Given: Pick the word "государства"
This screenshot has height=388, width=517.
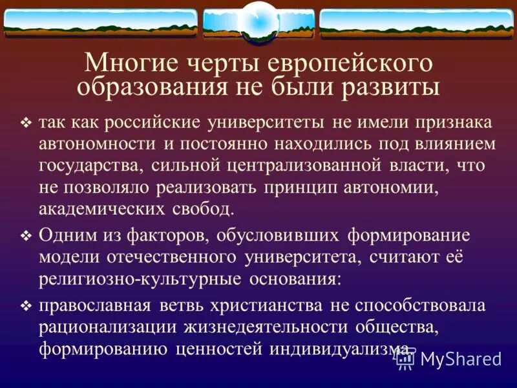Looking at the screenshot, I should click(x=91, y=166).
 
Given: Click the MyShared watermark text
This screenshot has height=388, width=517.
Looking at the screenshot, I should click(x=461, y=360).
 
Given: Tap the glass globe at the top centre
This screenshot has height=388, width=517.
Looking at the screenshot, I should click(x=258, y=21).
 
